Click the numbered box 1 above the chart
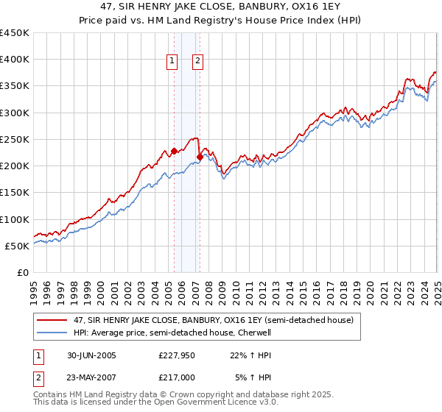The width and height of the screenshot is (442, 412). (x=172, y=62)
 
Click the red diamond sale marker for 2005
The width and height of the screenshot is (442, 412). (x=174, y=152)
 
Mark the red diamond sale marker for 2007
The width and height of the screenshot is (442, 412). (x=200, y=157)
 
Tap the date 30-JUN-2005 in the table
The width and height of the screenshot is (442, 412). (x=91, y=355)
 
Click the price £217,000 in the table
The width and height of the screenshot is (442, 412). (x=177, y=377)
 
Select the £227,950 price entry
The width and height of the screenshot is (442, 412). (x=177, y=355)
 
